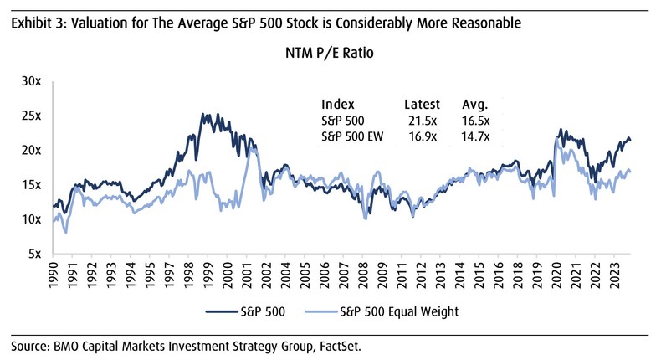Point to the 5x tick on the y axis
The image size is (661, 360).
tap(35, 253)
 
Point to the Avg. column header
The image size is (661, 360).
tap(475, 105)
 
